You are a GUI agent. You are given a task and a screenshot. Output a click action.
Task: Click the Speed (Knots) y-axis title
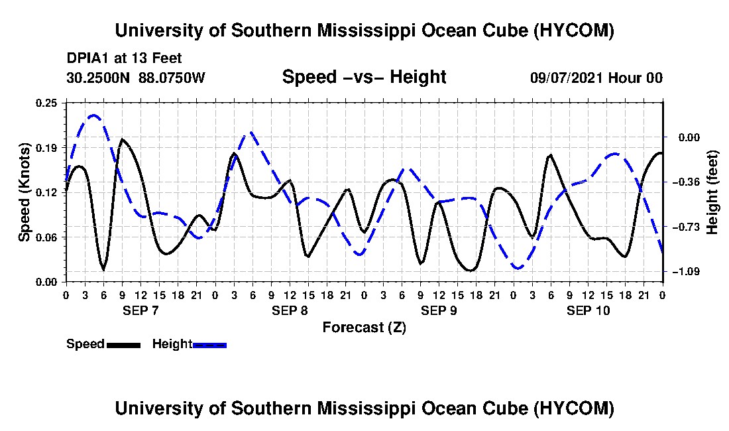point(24,192)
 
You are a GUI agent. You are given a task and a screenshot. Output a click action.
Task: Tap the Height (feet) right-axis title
point(712,192)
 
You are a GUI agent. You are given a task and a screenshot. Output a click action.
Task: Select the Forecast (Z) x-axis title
point(364,328)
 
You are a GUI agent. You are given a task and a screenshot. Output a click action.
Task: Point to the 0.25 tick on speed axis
point(46,103)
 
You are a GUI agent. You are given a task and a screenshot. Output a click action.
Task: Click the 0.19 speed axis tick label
point(46,148)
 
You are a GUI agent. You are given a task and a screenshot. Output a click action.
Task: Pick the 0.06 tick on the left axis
point(46,237)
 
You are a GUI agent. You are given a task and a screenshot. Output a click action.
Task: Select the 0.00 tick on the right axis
point(689,137)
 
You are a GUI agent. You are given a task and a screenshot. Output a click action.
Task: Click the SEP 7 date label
point(141,310)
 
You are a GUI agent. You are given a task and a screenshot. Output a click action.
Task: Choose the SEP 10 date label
point(588,310)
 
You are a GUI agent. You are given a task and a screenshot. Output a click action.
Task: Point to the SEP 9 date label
point(439,310)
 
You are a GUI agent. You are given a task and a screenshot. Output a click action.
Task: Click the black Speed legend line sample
point(124,345)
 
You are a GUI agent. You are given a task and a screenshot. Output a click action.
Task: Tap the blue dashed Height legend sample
point(209,345)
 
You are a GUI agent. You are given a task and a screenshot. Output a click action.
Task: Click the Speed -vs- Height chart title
point(364,77)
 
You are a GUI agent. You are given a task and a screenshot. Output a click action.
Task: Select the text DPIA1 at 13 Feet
point(124,58)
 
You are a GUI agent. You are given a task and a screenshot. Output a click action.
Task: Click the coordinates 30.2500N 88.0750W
point(136,78)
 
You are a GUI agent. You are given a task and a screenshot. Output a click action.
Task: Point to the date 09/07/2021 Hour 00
point(596,78)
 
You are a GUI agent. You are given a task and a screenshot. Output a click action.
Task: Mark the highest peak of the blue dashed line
point(93,115)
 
